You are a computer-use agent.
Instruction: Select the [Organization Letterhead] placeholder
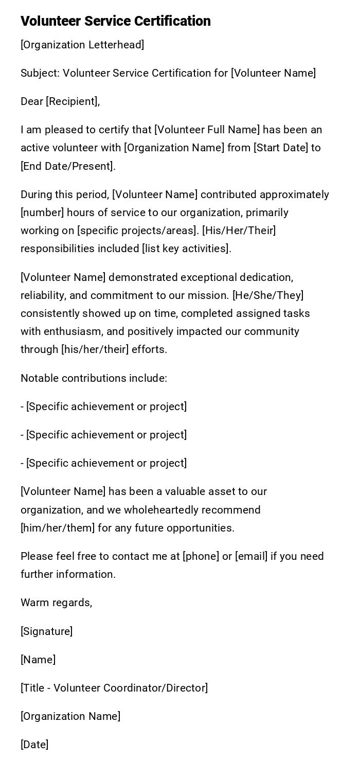pyautogui.click(x=82, y=45)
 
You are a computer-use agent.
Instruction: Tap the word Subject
pyautogui.click(x=40, y=73)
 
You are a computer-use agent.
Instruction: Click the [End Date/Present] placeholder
pyautogui.click(x=67, y=166)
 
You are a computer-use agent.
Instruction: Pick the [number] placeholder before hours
pyautogui.click(x=42, y=213)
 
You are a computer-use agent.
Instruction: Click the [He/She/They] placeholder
pyautogui.click(x=268, y=295)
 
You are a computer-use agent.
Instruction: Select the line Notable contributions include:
pyautogui.click(x=94, y=378)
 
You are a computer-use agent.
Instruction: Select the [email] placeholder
pyautogui.click(x=251, y=556)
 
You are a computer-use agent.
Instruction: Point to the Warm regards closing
pyautogui.click(x=56, y=603)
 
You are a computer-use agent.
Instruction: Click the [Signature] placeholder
pyautogui.click(x=46, y=631)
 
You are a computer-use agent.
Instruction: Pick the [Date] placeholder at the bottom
pyautogui.click(x=34, y=745)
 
